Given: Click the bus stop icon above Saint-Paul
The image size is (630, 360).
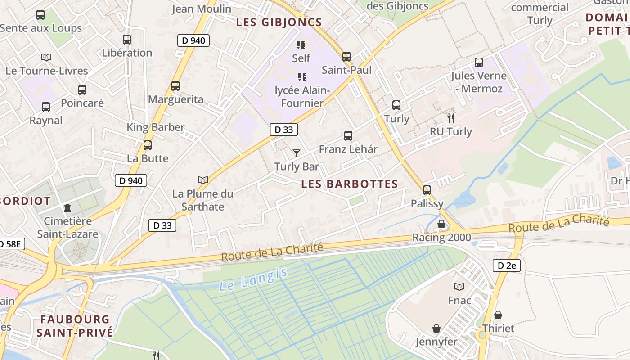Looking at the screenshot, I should point(346,57).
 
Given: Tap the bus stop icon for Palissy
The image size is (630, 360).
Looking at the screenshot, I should point(427,190).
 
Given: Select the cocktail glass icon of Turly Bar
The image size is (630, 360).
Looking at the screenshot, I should point(296,153).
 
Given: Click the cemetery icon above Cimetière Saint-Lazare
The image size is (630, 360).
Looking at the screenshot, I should point(67,207).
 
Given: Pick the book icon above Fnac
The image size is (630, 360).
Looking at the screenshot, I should point(459,287).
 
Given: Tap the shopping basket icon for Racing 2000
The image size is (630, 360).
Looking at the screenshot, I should point(441,224).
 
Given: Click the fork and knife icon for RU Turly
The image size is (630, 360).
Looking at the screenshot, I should point(450,118).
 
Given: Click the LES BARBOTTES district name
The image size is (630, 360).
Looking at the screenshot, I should point(350,184).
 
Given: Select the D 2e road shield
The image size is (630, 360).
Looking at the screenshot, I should point(506,265).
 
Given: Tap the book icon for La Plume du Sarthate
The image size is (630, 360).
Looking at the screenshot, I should point(203,180).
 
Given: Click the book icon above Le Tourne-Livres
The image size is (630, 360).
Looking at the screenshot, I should point(46,57).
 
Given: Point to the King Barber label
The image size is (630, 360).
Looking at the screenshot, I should point(155,127).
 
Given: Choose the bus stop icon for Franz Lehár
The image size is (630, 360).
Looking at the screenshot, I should point(348,135).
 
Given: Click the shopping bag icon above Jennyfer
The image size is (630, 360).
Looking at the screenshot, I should point(436,328).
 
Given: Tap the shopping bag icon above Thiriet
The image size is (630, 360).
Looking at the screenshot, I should point(498,315).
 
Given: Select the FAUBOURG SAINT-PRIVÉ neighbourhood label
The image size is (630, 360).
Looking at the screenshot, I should point(75,326).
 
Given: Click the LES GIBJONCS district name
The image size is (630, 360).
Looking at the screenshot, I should point(279,22).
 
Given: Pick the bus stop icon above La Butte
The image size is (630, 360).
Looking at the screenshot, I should point(147,145).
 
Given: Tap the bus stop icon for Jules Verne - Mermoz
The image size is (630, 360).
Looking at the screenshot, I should point(478,62).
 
